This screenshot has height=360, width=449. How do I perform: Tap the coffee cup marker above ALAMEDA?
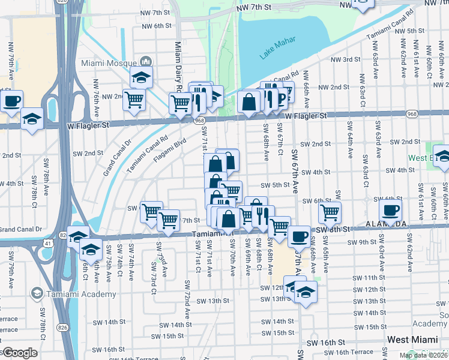coord(390,211)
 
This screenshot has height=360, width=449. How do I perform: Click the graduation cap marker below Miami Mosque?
coord(141,77)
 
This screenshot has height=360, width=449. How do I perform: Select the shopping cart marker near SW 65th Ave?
coord(330,212)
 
